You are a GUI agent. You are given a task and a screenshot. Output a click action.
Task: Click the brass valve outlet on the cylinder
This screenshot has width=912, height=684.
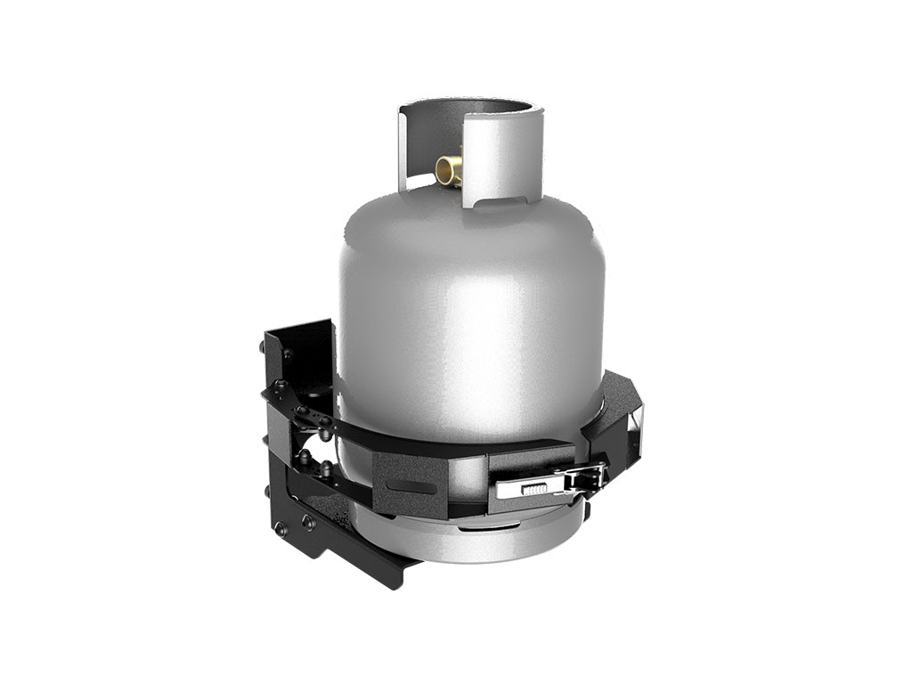[449, 170]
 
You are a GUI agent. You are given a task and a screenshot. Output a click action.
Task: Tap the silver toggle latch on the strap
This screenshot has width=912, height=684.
[552, 484]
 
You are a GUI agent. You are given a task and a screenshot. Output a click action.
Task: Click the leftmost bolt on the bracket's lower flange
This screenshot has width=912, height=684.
[281, 529]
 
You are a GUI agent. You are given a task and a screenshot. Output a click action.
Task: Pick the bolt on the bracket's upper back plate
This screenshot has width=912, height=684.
[287, 355]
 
